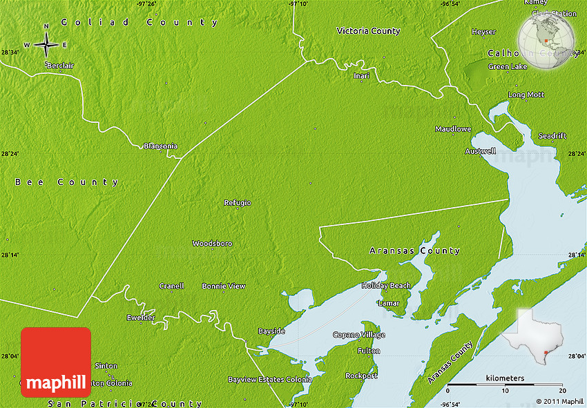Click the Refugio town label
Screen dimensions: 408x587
pos(237,202)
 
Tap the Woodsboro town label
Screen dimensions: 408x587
pos(212,244)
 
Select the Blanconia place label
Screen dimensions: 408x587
pos(160,146)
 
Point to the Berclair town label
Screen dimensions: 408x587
pos(60,66)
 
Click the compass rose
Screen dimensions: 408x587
pos(46,45)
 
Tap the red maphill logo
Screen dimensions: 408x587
pos(56,362)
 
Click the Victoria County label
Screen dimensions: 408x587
pos(368,31)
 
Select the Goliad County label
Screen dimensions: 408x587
pos(139,22)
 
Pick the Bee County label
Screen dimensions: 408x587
pos(67,182)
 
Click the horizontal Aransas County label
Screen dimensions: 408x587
pos(414,251)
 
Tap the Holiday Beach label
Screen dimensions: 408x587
pos(387,286)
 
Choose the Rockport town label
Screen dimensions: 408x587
pos(361,376)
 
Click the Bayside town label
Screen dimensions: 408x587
pos(271,331)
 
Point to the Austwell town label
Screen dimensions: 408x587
pos(480,150)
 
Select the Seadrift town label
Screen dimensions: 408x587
pos(552,135)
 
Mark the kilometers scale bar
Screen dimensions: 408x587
pos(505,383)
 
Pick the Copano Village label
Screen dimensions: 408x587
pos(359,335)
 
